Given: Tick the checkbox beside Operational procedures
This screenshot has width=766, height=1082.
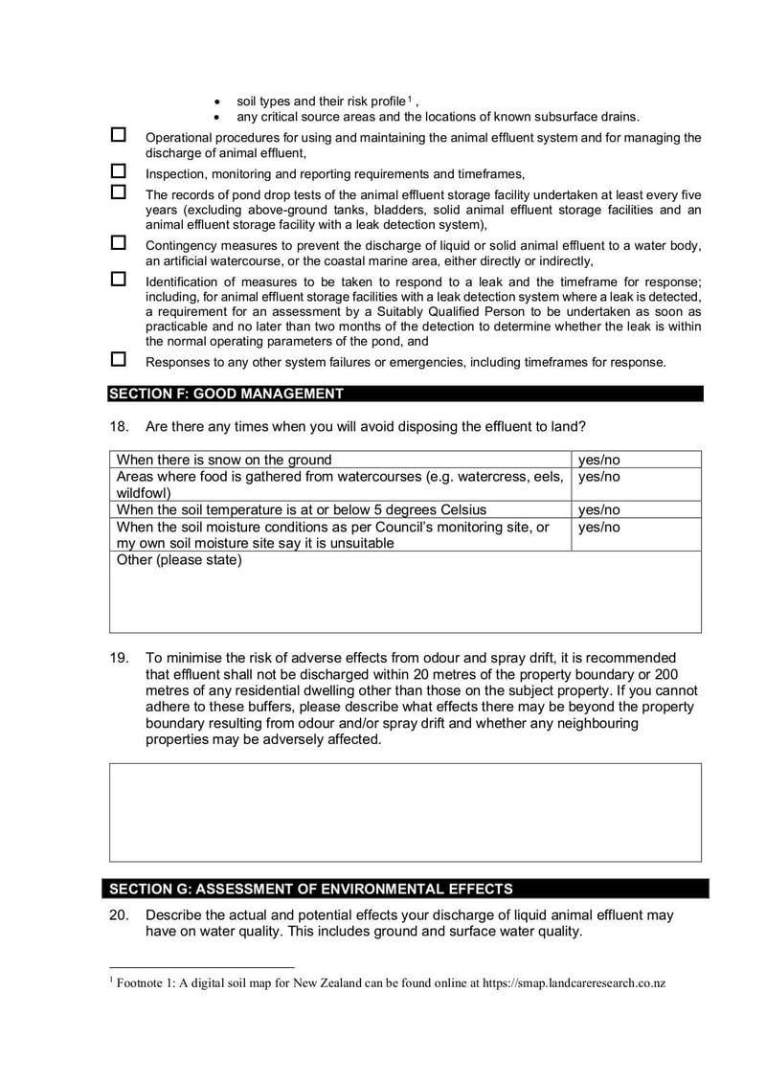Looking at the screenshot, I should [119, 136].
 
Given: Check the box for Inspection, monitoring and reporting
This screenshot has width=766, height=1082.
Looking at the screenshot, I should [119, 171].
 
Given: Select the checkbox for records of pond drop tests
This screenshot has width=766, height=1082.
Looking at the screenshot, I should [119, 192].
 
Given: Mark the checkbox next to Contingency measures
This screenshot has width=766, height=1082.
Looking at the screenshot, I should [119, 243].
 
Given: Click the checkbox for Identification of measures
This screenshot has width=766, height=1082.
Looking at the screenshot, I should [119, 280].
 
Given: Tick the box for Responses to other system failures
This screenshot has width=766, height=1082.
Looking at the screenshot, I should [119, 360].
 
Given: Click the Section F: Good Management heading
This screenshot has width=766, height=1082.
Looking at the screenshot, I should [226, 394].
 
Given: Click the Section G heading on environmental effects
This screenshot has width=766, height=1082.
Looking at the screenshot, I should [311, 889].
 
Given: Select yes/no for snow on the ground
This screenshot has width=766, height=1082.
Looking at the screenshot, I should [599, 460].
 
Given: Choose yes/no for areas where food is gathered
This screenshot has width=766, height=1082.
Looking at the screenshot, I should [599, 477].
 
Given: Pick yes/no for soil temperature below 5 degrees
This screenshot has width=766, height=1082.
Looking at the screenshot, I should [599, 509].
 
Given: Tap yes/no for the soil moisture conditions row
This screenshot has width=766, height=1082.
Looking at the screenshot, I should [599, 528].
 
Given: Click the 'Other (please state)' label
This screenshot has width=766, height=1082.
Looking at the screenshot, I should [179, 560].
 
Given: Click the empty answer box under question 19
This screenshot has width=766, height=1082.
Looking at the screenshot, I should [405, 812].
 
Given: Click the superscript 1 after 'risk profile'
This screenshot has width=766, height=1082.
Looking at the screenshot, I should [409, 99].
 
